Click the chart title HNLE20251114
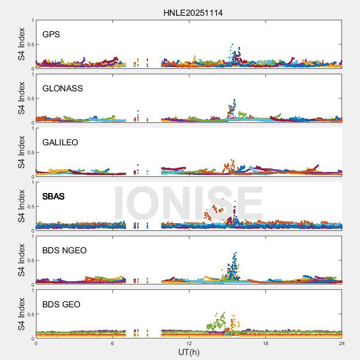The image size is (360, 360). point(193,13)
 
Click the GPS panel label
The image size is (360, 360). point(51,34)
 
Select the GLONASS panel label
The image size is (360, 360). point(63,88)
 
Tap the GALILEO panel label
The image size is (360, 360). point(60,142)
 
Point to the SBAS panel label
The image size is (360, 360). point(53,196)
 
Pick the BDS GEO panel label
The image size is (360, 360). point(61,304)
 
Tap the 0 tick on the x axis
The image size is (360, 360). point(36,343)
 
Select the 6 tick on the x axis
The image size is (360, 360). point(112,343)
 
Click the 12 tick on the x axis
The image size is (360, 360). point(189,343)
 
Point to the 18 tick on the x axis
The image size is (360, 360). point(265,343)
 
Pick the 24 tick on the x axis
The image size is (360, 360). point(342,343)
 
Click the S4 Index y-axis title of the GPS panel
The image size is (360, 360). point(21,44)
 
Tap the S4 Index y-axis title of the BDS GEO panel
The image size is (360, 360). point(21,314)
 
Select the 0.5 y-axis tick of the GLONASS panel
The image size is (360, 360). point(30,99)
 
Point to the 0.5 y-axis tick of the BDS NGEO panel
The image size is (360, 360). point(30,261)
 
